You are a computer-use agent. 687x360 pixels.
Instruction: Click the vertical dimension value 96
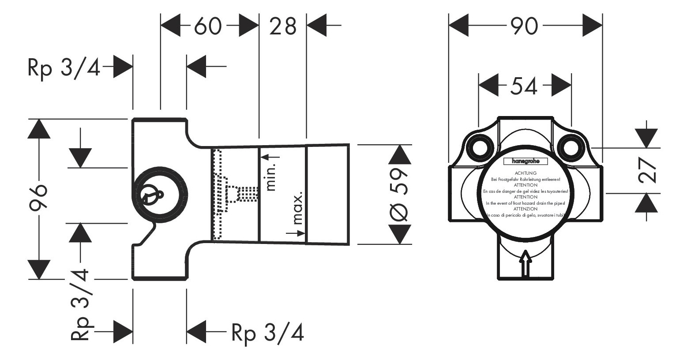pyautogui.click(x=39, y=199)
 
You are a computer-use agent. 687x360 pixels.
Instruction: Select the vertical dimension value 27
pyautogui.click(x=647, y=171)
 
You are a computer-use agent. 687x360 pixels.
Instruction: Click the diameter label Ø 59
pyautogui.click(x=400, y=194)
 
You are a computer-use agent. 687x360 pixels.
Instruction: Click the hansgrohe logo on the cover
pyautogui.click(x=525, y=161)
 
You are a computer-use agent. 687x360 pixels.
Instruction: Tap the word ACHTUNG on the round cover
pyautogui.click(x=525, y=173)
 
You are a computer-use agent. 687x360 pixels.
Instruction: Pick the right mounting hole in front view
pyautogui.click(x=571, y=147)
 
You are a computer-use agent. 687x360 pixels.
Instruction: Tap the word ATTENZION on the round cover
pyautogui.click(x=525, y=209)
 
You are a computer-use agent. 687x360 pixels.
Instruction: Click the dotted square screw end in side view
pyautogui.click(x=247, y=193)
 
